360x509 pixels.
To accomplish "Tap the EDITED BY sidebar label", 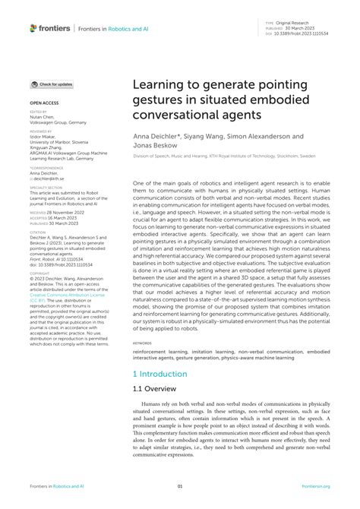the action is coord(37,110).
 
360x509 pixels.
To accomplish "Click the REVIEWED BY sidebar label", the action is coord(39,130).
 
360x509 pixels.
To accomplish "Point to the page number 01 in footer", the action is coord(180,487).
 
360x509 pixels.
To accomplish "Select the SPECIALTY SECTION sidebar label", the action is coord(43,185).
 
